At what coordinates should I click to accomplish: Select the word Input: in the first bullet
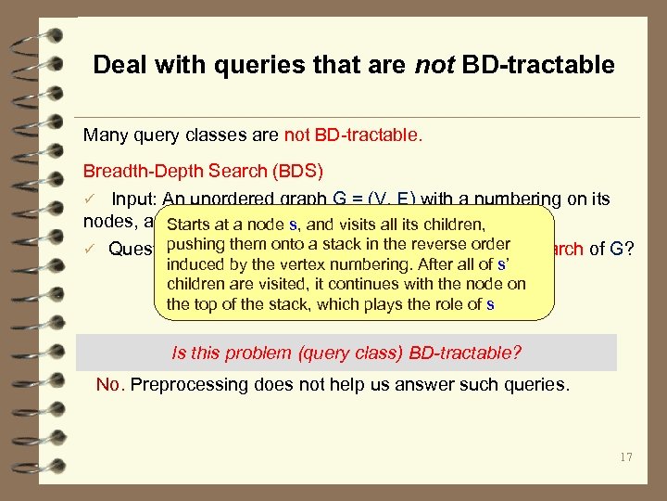tap(138, 199)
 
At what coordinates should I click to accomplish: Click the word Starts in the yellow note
tap(188, 224)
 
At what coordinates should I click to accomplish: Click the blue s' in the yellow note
tap(504, 264)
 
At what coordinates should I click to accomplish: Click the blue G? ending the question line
tap(621, 248)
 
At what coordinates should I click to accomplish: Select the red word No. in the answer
tap(111, 384)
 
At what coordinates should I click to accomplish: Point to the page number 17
tap(625, 456)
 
